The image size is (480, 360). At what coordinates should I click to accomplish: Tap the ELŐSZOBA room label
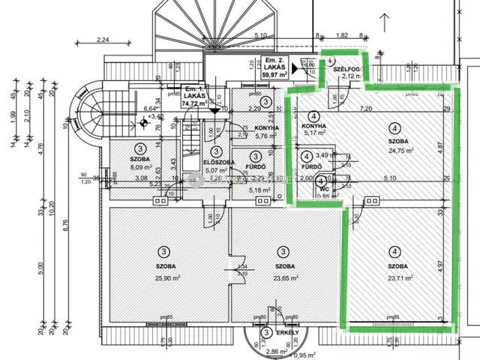pyautogui.click(x=220, y=162)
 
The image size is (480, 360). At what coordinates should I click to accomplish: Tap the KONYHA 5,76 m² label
pyautogui.click(x=267, y=132)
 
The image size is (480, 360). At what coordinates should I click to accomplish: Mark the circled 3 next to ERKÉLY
pyautogui.click(x=265, y=333)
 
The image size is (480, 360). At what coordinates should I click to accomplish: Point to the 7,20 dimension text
pyautogui.click(x=367, y=109)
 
